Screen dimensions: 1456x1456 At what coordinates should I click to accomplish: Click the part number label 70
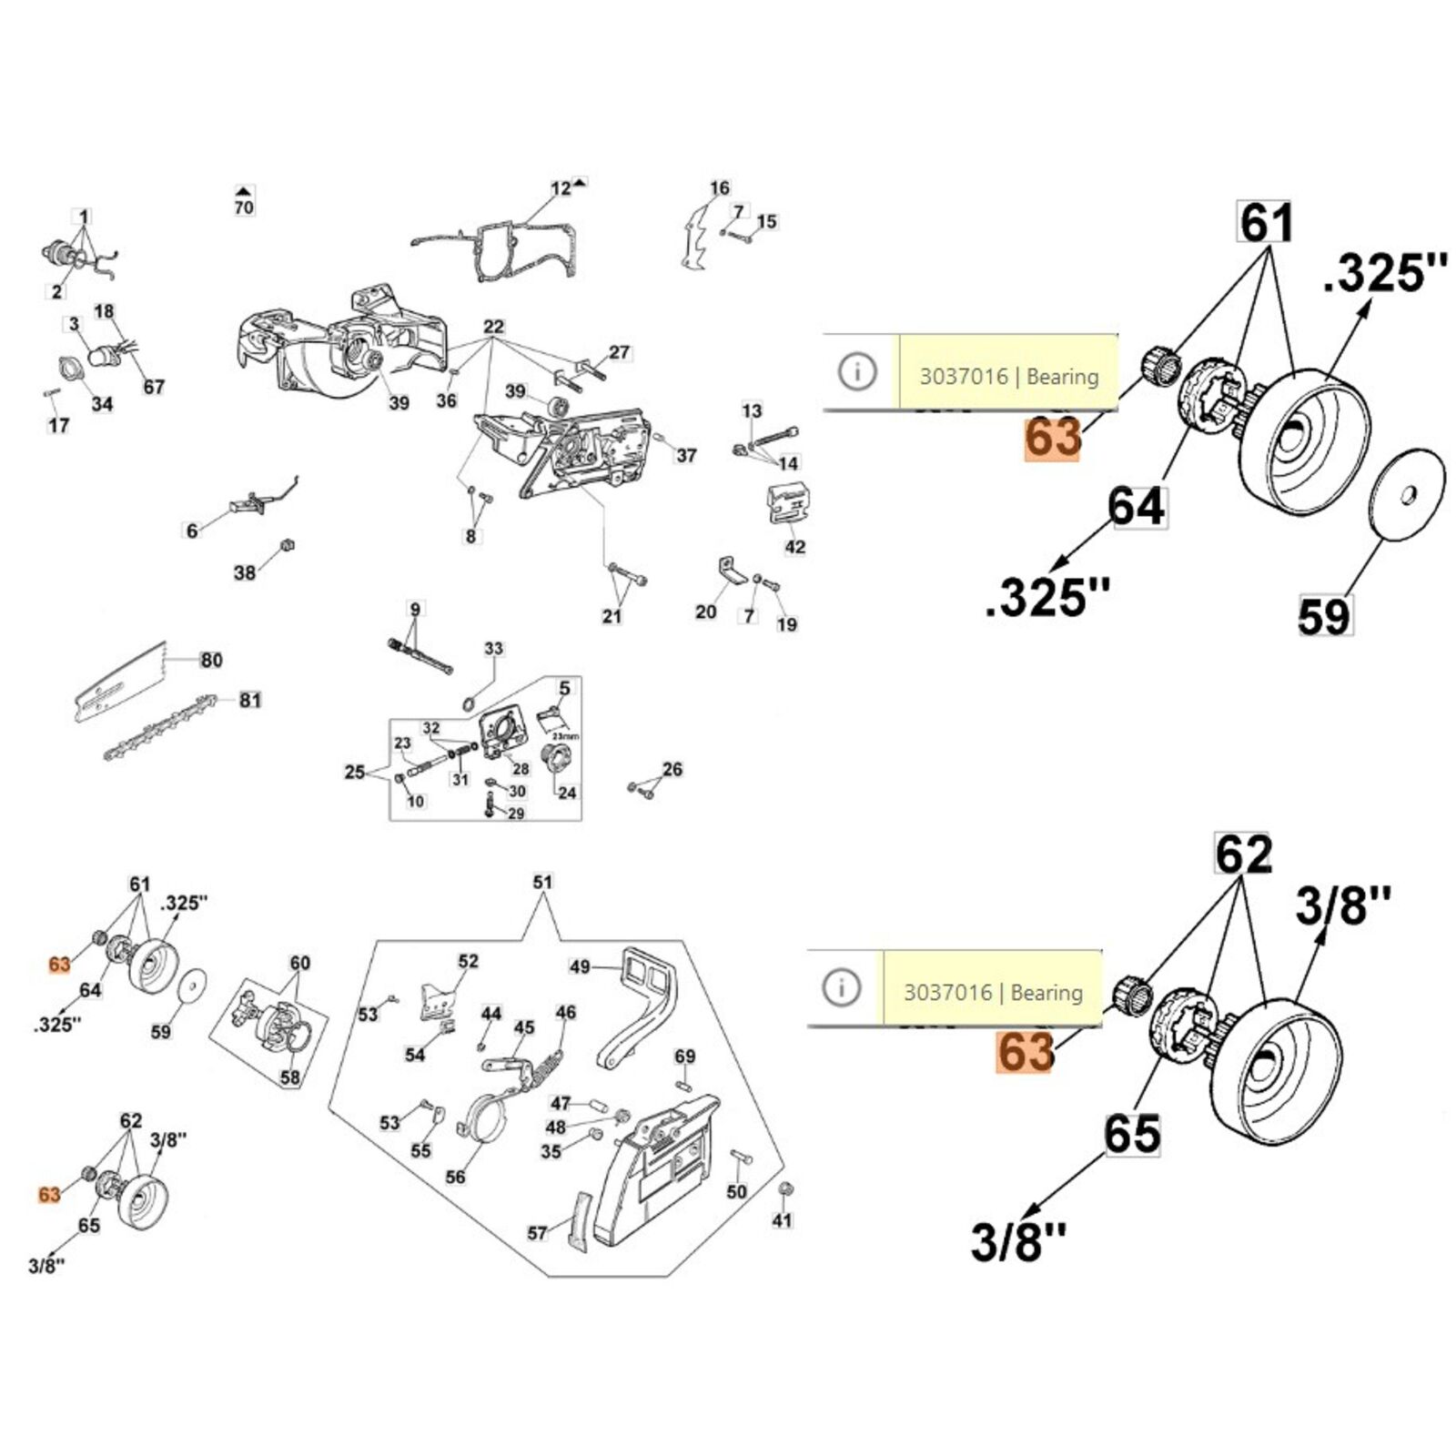[244, 207]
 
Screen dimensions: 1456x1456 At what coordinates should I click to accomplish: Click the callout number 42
[794, 547]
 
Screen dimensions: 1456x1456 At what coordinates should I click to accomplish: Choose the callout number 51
[542, 882]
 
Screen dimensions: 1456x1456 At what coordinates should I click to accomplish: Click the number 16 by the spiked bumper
[719, 188]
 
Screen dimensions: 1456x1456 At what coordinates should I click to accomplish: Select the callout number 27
[619, 352]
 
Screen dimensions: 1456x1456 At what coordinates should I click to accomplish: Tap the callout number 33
[493, 649]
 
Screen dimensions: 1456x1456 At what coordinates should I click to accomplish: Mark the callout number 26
[672, 769]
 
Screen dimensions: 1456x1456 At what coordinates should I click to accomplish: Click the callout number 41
[782, 1220]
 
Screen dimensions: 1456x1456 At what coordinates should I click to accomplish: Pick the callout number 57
[537, 1232]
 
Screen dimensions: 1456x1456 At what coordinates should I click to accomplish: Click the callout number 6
[192, 530]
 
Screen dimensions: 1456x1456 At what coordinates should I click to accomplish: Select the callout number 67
[154, 387]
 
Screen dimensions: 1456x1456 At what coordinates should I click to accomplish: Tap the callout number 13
[752, 411]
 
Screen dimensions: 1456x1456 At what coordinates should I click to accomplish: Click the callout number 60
[299, 963]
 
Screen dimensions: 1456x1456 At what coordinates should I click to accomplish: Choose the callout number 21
[612, 616]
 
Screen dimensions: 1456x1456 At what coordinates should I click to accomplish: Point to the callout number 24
[567, 793]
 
